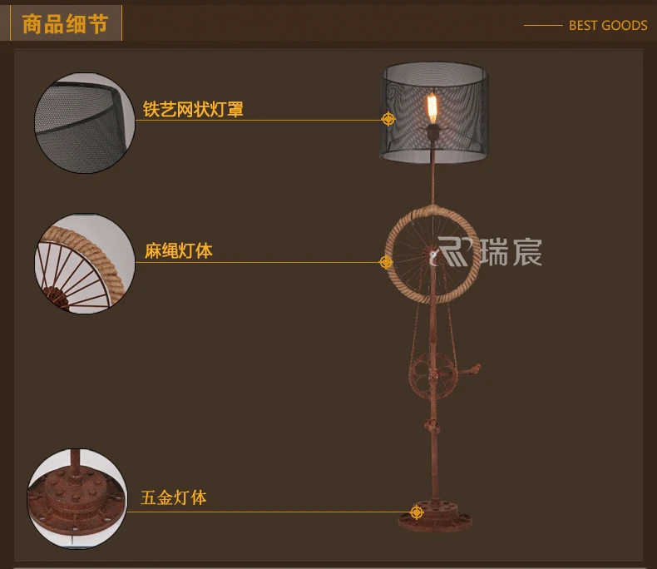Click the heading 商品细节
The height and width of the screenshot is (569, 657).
65,24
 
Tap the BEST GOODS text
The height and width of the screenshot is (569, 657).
608,26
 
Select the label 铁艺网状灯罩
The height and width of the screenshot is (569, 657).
193,109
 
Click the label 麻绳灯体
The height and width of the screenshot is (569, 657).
179,251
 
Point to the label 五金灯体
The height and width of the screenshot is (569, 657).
174,497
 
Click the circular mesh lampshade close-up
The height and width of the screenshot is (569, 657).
85,123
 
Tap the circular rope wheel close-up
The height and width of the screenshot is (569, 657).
85,264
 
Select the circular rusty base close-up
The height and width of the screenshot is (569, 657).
77,497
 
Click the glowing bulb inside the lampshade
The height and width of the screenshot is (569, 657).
432,107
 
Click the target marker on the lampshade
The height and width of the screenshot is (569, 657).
388,120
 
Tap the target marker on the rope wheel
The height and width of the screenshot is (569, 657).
386,262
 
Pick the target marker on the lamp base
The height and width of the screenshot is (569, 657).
417,512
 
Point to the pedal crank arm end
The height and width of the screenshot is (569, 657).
476,369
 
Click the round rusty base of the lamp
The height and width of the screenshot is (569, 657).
435,517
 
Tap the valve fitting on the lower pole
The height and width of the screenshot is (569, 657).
432,427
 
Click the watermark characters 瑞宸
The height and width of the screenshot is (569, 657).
511,252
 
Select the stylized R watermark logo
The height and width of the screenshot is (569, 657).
452,251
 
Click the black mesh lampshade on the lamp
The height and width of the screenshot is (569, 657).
434,112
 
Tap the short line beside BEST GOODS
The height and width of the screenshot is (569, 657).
543,26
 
